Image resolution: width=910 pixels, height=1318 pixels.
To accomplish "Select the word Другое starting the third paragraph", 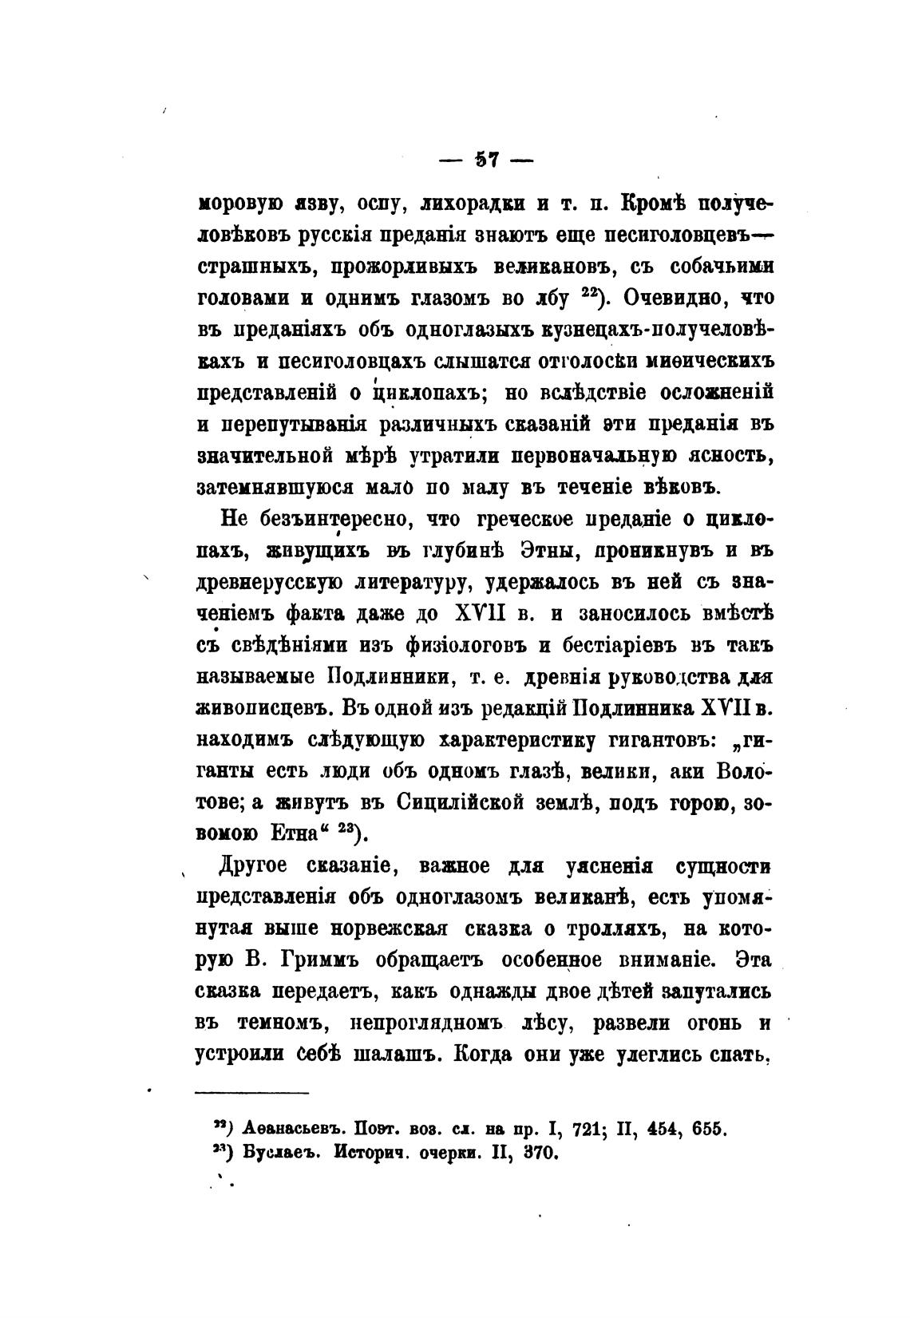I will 257,868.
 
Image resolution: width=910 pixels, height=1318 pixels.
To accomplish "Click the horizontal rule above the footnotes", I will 251,1093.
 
